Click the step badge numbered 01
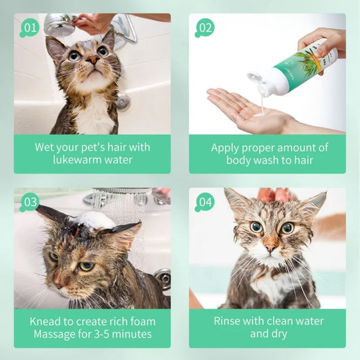click(30, 28)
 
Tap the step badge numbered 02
click(205, 28)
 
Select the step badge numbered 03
click(30, 202)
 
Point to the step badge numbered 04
click(205, 202)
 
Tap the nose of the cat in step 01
click(93, 60)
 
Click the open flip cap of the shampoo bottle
click(255, 78)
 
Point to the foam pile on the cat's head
click(94, 220)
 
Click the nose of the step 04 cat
click(270, 248)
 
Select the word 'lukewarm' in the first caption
click(76, 160)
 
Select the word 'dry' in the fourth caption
click(279, 334)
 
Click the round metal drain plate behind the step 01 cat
click(124, 102)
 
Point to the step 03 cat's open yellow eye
click(87, 266)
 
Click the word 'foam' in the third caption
click(143, 322)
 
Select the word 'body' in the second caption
click(238, 161)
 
